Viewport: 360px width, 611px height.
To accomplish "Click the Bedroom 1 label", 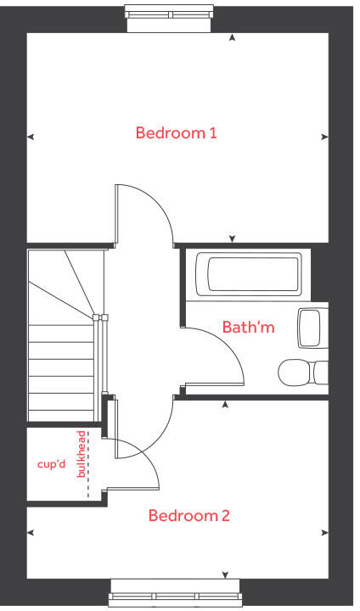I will [x=177, y=132].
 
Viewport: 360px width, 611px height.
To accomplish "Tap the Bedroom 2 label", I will [x=189, y=515].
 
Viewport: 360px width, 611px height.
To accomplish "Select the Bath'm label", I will [x=248, y=327].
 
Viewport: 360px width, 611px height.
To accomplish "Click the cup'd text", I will [x=51, y=464].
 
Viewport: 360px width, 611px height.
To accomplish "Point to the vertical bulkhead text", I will [x=82, y=454].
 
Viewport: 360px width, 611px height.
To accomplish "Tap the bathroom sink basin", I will [x=309, y=327].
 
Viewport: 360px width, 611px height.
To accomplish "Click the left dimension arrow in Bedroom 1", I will [x=31, y=136].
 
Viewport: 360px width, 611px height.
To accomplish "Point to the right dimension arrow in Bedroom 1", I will [x=326, y=136].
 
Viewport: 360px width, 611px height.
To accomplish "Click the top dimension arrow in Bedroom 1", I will [x=233, y=38].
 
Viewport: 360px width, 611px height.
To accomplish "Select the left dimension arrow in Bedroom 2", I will [x=31, y=533].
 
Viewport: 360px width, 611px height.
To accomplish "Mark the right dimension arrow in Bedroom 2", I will [x=326, y=533].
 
